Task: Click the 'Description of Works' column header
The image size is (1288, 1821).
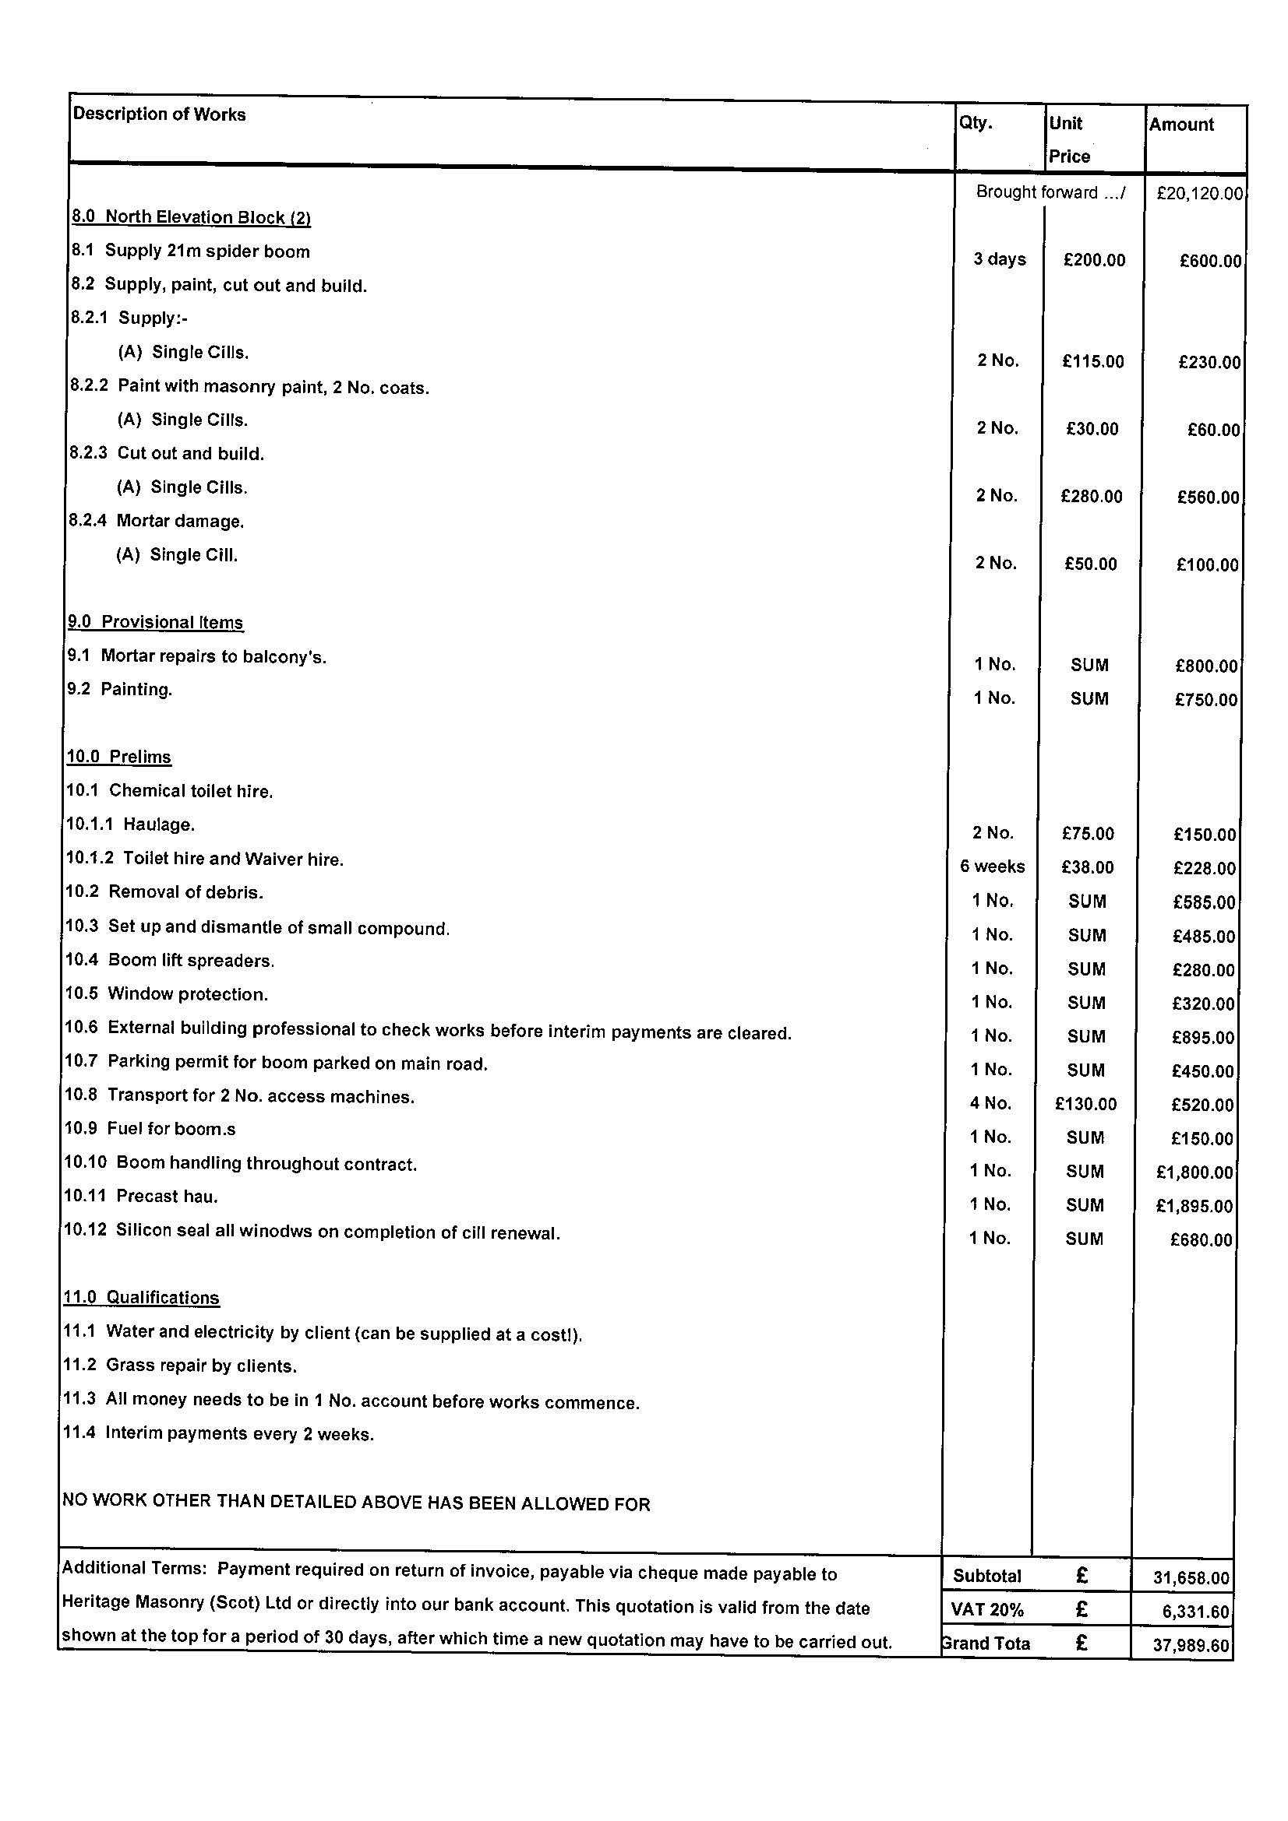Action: pyautogui.click(x=159, y=114)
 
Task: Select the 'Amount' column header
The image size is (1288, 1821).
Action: pyautogui.click(x=1181, y=125)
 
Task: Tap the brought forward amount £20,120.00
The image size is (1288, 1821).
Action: pyautogui.click(x=1198, y=193)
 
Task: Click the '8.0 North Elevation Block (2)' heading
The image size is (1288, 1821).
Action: pyautogui.click(x=191, y=217)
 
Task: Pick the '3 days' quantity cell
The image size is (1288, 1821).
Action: pyautogui.click(x=999, y=259)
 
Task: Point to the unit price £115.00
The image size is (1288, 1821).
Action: pyautogui.click(x=1092, y=362)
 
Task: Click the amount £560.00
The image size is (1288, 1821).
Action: pyautogui.click(x=1208, y=497)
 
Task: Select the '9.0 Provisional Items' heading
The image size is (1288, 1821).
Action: pyautogui.click(x=156, y=622)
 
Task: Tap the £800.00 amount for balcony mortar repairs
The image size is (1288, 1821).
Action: pyautogui.click(x=1205, y=666)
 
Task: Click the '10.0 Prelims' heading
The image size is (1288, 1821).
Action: pyautogui.click(x=118, y=757)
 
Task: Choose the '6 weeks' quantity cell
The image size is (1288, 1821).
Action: pyautogui.click(x=992, y=867)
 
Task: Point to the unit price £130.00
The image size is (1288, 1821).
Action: pyautogui.click(x=1085, y=1104)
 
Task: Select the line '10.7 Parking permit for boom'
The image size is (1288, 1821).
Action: pyautogui.click(x=276, y=1063)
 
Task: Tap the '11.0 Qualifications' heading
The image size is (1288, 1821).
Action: pyautogui.click(x=141, y=1298)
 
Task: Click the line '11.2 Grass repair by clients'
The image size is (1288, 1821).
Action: pyautogui.click(x=179, y=1366)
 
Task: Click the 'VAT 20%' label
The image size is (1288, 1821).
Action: pyautogui.click(x=986, y=1610)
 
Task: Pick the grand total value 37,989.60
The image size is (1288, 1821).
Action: pyautogui.click(x=1191, y=1645)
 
